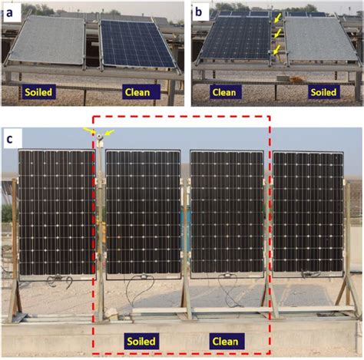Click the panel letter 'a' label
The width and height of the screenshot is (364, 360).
click(9, 12)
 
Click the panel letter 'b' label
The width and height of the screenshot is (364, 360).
click(199, 12)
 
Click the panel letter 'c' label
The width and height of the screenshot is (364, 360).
click(9, 139)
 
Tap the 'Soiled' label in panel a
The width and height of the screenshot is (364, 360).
click(38, 92)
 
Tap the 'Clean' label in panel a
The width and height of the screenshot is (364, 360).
click(137, 92)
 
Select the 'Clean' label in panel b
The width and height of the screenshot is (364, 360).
click(224, 92)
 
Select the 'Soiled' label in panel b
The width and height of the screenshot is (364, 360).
click(323, 92)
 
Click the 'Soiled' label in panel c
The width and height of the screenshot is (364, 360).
click(141, 342)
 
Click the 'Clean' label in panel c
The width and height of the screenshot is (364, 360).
click(226, 342)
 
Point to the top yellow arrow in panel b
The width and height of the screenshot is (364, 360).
click(278, 18)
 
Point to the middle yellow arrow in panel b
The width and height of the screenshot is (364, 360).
click(278, 33)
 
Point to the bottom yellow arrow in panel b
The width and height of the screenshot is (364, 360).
click(277, 50)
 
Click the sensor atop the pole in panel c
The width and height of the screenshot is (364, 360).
click(100, 137)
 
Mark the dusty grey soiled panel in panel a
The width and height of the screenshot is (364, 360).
click(48, 40)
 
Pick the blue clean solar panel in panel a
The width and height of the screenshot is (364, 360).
click(137, 44)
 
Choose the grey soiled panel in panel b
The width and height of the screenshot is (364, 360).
click(320, 39)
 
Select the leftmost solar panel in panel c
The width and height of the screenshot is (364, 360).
click(57, 214)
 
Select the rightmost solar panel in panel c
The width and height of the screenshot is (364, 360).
click(308, 214)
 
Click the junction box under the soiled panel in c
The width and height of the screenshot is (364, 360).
click(144, 276)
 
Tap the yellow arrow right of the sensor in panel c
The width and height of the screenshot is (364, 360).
click(110, 132)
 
